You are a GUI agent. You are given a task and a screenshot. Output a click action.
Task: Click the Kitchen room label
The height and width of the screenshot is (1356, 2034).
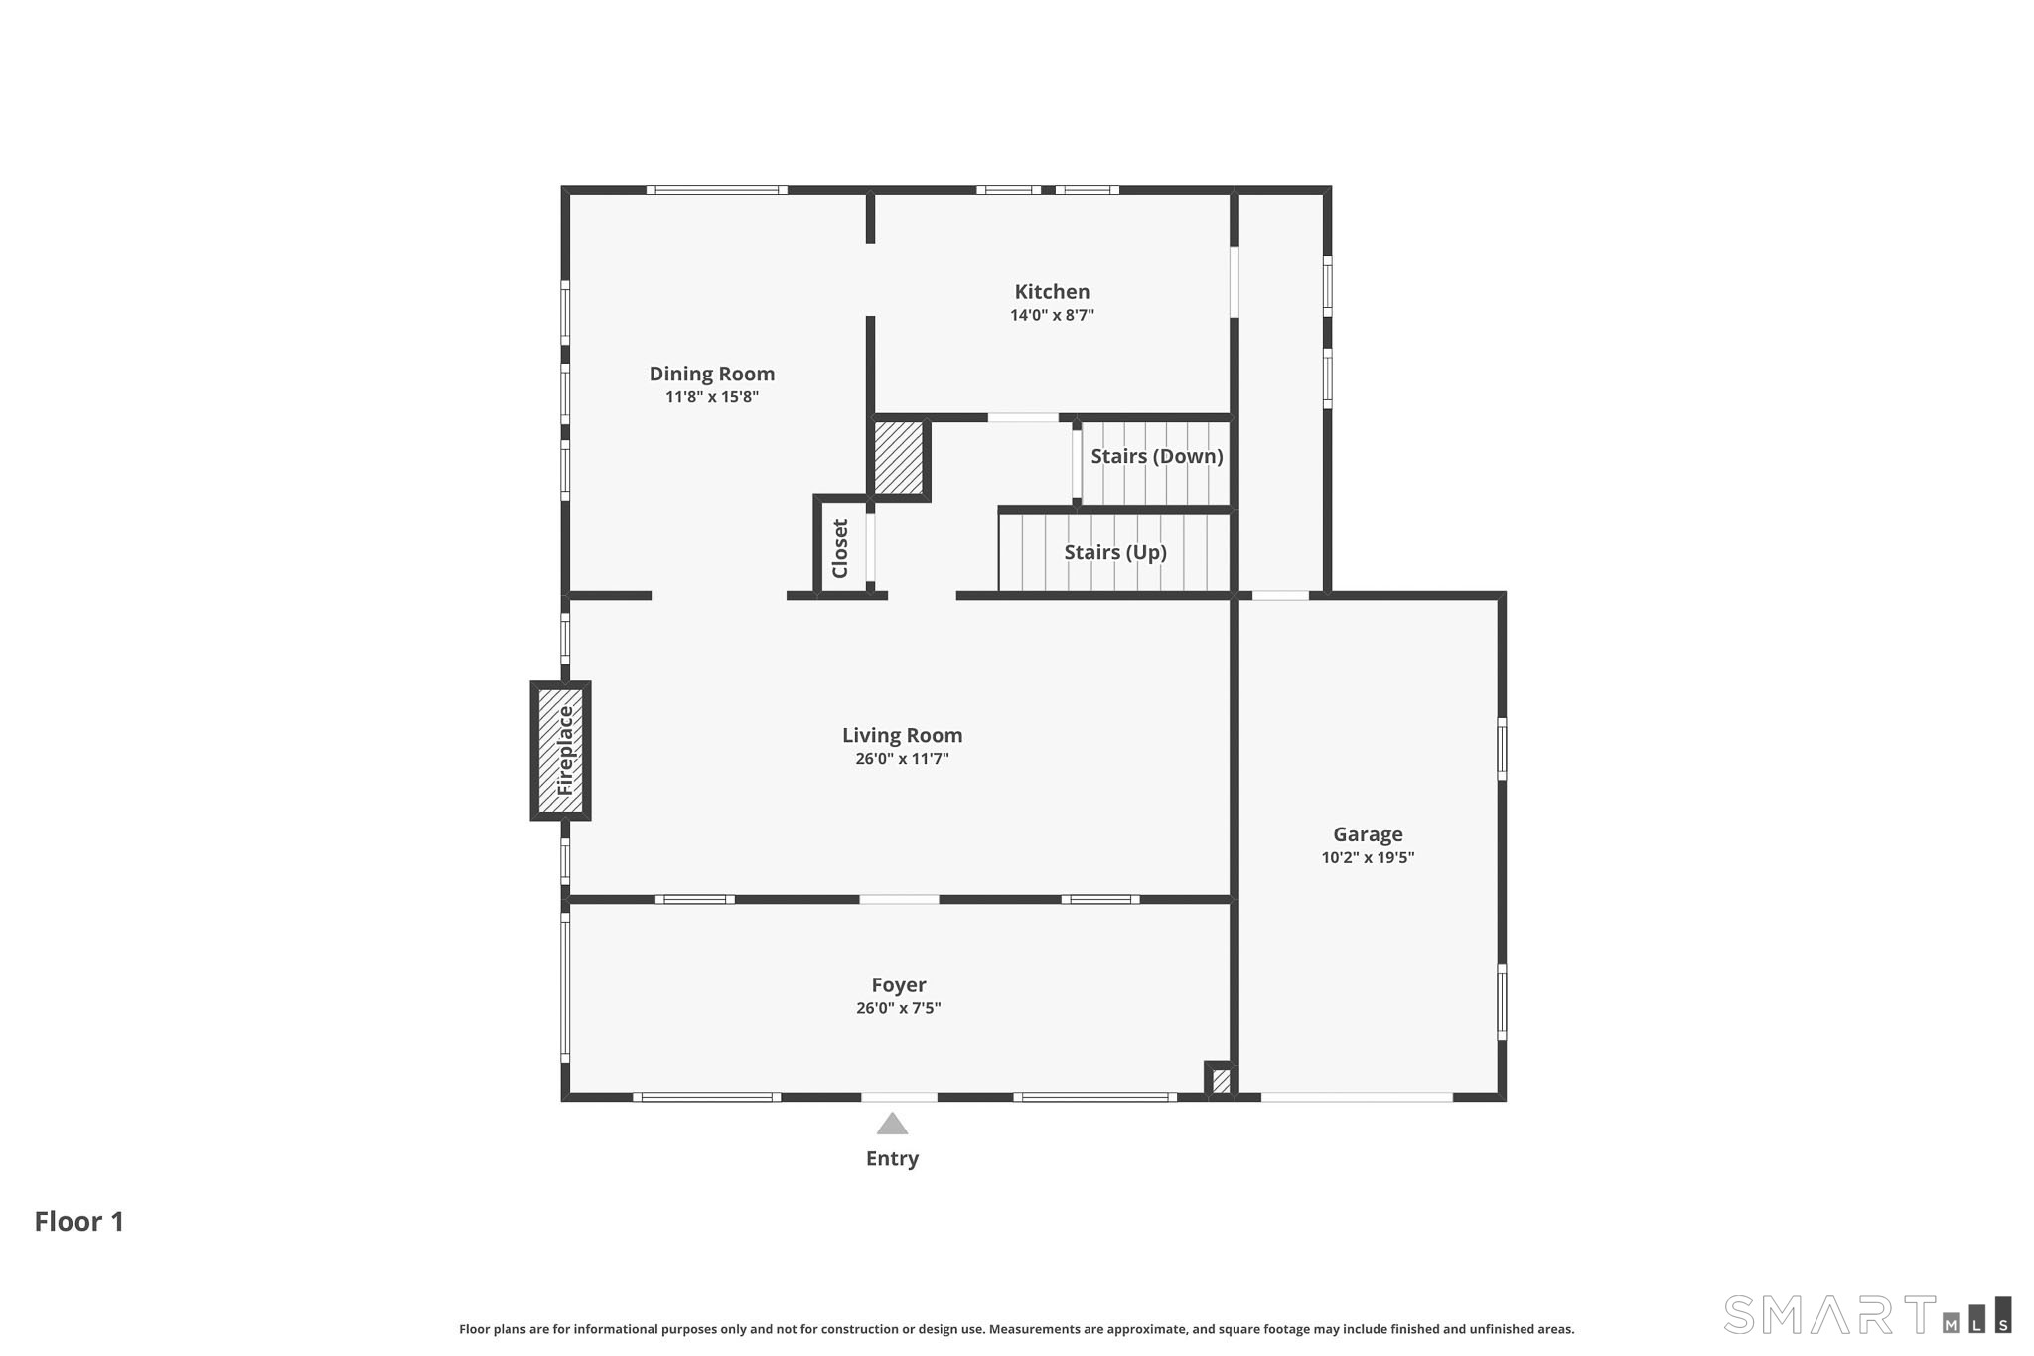point(1052,292)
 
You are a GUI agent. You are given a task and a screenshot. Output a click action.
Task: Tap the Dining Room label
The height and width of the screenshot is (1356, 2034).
point(712,375)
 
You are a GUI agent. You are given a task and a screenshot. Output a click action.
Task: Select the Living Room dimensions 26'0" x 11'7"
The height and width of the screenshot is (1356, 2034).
point(902,759)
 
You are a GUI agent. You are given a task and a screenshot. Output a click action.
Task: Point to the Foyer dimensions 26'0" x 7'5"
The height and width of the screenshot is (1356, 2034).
point(899,1008)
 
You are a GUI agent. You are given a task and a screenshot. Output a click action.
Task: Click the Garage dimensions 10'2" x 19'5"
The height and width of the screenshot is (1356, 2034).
point(1368,857)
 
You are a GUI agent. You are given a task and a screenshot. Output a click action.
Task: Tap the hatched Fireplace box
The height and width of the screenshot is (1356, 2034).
point(560,750)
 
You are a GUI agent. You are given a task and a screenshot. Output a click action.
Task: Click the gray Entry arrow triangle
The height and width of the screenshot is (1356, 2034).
point(892,1124)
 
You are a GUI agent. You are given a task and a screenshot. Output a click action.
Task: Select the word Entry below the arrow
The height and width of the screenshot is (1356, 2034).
point(892,1159)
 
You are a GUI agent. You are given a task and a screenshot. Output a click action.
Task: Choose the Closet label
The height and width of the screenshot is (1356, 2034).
point(840,548)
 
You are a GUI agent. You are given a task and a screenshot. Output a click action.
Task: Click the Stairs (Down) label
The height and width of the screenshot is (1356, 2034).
point(1157,457)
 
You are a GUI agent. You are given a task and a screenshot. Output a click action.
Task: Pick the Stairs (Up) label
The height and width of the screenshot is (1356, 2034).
point(1115,553)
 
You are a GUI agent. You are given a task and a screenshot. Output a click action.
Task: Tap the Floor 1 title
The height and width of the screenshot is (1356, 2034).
point(79,1222)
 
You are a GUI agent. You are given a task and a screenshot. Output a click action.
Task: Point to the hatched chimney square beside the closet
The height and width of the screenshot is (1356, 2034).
point(899,458)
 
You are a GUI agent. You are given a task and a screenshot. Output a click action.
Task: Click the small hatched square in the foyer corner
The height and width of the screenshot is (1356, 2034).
point(1221,1080)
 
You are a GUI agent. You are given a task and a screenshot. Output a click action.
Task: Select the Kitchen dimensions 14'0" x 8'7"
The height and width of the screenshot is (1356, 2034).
point(1052,316)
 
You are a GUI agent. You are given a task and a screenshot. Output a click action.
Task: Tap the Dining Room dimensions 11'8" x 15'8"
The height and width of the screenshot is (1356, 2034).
point(712,397)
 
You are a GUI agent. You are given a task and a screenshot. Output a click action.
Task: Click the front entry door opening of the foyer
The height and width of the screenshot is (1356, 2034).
point(899,1097)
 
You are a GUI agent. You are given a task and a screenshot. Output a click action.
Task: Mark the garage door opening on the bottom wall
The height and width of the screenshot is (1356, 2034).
point(1357,1097)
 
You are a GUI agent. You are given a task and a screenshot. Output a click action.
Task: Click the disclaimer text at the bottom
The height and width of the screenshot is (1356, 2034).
point(1016,1329)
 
